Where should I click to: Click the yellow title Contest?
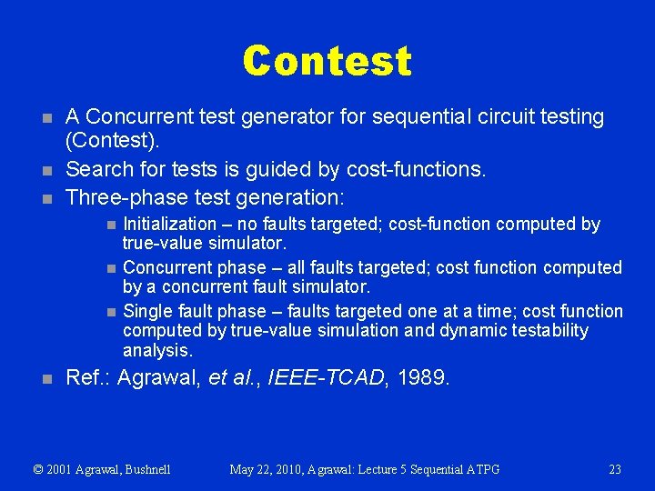pyautogui.click(x=327, y=61)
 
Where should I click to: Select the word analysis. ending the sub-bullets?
pyautogui.click(x=157, y=351)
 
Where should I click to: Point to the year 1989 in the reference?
pyautogui.click(x=422, y=377)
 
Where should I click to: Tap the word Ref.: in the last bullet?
pyautogui.click(x=89, y=377)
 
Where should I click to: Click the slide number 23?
pyautogui.click(x=615, y=469)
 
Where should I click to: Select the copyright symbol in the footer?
pyautogui.click(x=38, y=470)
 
